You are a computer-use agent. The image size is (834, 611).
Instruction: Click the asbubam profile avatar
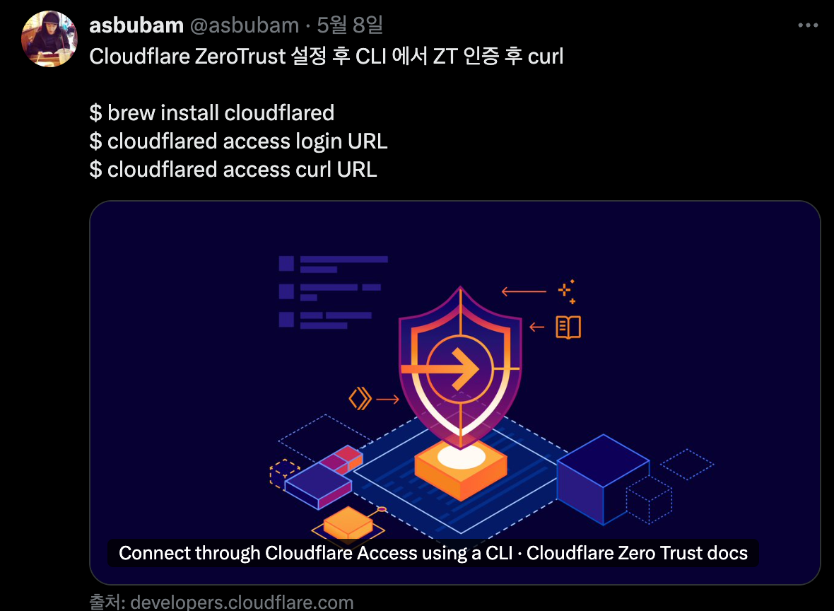(49, 39)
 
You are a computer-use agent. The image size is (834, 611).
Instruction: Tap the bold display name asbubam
(136, 25)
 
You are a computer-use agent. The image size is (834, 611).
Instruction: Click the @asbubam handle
(245, 25)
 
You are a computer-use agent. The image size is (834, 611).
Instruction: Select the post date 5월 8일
(350, 25)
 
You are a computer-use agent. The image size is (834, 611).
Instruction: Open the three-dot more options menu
(808, 25)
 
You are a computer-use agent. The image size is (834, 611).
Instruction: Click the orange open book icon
(568, 327)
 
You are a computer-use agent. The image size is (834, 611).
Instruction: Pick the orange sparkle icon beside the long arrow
(565, 291)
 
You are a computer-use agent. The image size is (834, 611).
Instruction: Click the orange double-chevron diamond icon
(360, 399)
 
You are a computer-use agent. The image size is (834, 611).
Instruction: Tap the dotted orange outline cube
(284, 473)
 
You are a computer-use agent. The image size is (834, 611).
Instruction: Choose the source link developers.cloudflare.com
(242, 603)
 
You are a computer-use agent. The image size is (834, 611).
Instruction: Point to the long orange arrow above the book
(524, 291)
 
